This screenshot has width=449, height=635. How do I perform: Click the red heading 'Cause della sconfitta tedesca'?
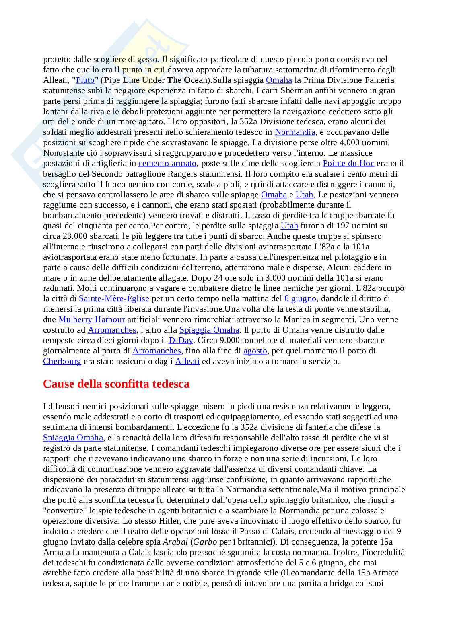click(116, 384)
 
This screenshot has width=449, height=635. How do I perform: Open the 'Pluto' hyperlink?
click(85, 80)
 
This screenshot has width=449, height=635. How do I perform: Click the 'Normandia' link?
click(295, 132)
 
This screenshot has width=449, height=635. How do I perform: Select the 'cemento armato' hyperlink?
click(167, 163)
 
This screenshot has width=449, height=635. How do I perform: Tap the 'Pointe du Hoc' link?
click(348, 163)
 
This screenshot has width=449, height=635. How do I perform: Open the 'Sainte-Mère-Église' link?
click(114, 298)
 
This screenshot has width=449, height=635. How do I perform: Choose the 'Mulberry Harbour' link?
click(92, 319)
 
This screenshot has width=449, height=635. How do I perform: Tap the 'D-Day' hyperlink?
click(181, 340)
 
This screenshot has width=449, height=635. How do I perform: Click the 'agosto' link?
click(255, 351)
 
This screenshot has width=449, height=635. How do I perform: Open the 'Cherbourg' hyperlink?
click(62, 361)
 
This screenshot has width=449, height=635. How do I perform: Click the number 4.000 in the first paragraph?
click(350, 142)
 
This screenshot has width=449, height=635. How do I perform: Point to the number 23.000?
click(76, 236)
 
